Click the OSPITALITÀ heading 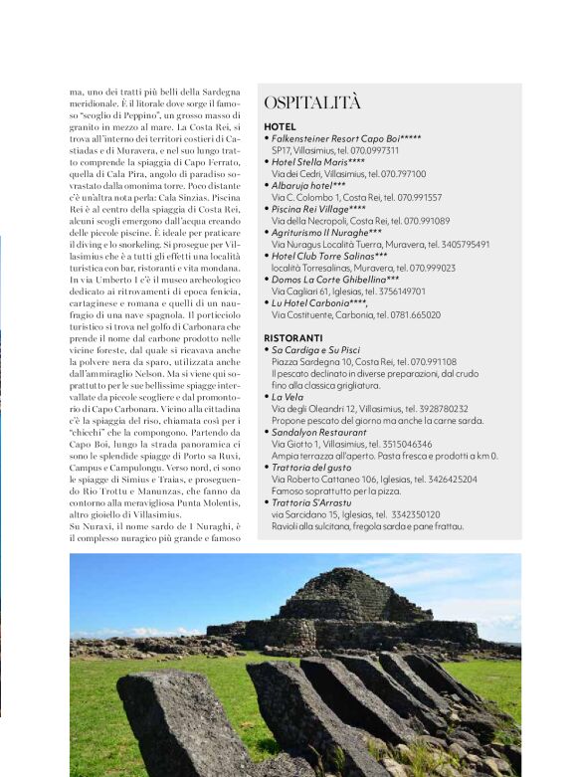point(313,102)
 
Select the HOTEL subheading point(280,127)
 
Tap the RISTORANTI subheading point(293,338)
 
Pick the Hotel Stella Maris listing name point(317,161)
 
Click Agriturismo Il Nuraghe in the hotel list point(326,232)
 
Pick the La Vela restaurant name point(288,396)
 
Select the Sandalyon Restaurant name point(318,432)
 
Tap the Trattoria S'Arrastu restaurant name point(315,501)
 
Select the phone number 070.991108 point(429,361)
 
